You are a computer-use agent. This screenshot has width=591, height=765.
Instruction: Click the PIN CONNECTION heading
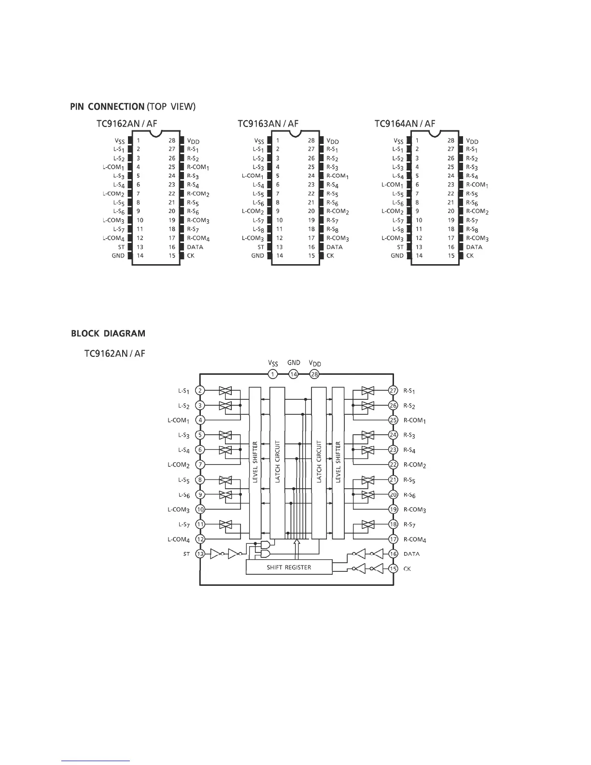(x=107, y=106)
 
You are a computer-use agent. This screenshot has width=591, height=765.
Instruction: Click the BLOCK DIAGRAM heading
(x=108, y=333)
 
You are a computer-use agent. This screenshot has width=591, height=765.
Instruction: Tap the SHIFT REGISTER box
(x=289, y=567)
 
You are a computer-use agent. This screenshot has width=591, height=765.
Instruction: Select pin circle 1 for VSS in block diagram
(x=273, y=374)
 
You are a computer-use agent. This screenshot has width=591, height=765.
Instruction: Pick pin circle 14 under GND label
(x=294, y=374)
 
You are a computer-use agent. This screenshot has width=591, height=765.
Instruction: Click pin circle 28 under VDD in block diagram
(x=314, y=374)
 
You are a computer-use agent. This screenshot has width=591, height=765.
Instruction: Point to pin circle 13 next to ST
(x=200, y=554)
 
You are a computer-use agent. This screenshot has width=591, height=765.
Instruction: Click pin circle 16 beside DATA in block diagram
(x=394, y=554)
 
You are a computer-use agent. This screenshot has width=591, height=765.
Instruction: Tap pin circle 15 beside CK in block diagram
(x=394, y=569)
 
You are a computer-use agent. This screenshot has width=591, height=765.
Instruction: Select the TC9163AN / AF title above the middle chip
(x=268, y=124)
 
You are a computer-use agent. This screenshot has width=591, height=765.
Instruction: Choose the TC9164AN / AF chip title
(x=405, y=124)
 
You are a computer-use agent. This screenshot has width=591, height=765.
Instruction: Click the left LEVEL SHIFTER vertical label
(x=255, y=462)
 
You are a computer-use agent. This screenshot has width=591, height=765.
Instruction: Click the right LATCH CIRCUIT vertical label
(x=319, y=462)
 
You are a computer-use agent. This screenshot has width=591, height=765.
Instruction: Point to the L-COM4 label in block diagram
(x=179, y=539)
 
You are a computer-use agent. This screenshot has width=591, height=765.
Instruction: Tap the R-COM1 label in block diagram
(x=414, y=421)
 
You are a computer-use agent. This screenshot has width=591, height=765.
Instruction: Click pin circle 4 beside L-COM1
(x=200, y=420)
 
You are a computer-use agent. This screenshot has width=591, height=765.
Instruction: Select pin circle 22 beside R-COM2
(x=394, y=465)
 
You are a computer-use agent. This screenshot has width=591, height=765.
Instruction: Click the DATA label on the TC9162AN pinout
(x=195, y=247)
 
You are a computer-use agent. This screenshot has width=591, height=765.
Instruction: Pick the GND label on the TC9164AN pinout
(x=397, y=255)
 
